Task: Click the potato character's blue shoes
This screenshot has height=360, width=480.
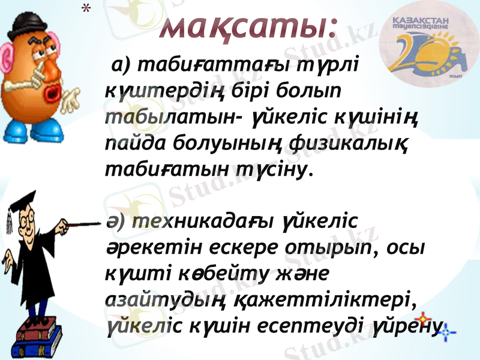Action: pyautogui.click(x=36, y=130)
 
